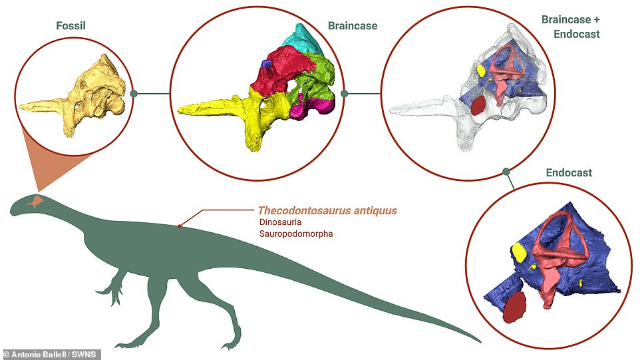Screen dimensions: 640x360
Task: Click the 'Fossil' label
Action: tap(71, 25)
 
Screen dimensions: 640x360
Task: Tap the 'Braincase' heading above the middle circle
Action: tap(353, 26)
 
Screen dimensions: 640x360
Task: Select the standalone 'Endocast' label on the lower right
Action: tap(569, 172)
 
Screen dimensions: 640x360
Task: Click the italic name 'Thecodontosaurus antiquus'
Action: tap(327, 211)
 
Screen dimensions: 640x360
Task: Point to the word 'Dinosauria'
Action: tap(280, 222)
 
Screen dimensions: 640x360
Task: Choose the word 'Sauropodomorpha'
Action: tap(296, 234)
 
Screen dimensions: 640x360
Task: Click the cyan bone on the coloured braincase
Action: tap(307, 39)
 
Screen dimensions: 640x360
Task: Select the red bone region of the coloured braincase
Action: tap(281, 71)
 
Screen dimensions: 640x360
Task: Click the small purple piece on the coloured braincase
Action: tap(267, 64)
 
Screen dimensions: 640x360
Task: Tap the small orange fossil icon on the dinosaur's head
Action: tap(35, 201)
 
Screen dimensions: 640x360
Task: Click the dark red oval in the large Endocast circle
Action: tap(514, 307)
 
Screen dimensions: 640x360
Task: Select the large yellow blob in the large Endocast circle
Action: tap(519, 252)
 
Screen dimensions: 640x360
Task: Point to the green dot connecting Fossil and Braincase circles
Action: tap(134, 93)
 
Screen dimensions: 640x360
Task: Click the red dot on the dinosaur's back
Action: tap(179, 226)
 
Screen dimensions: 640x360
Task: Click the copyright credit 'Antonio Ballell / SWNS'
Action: tap(51, 354)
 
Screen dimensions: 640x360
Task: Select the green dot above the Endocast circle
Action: tap(506, 172)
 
